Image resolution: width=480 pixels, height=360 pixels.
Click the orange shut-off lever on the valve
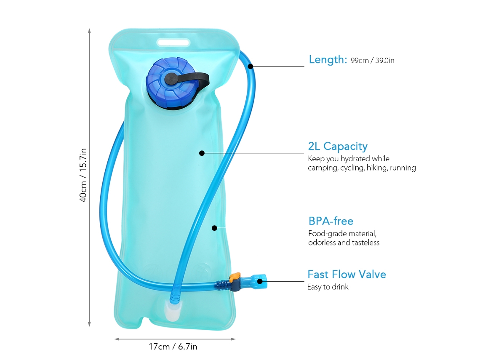point(235,278)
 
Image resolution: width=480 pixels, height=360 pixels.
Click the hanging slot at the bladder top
point(173,42)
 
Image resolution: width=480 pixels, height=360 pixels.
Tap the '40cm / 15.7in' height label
point(83,175)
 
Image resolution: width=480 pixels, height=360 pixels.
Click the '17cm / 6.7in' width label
point(173,347)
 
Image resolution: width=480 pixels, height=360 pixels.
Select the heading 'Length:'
point(328,59)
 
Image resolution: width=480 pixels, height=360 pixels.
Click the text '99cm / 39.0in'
point(373,60)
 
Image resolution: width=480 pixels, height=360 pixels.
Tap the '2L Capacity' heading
point(338,147)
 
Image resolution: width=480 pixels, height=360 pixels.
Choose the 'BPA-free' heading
point(331,221)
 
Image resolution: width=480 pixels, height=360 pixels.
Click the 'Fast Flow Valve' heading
point(347,274)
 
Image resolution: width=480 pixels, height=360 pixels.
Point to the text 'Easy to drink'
point(328,287)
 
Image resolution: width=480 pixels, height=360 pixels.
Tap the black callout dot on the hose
point(251,66)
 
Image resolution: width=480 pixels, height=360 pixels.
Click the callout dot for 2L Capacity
point(202,153)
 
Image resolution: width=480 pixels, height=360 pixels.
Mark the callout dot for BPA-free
point(215,228)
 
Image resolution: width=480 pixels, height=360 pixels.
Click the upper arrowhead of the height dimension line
point(89,31)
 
